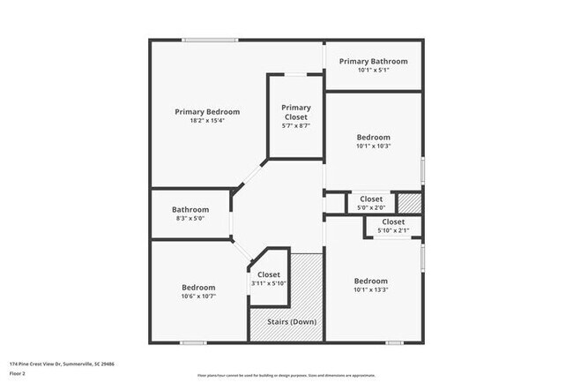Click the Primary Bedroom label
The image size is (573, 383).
pyautogui.click(x=207, y=112)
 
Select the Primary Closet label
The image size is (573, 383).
pyautogui.click(x=296, y=112)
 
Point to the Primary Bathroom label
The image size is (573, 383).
pyautogui.click(x=374, y=61)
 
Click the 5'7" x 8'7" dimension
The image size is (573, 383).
pyautogui.click(x=296, y=126)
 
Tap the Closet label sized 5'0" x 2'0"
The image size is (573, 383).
pyautogui.click(x=370, y=199)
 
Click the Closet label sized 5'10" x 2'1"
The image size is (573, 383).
pyautogui.click(x=393, y=222)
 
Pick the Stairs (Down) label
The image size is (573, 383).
pyautogui.click(x=292, y=322)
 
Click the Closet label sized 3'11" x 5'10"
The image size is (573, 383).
pyautogui.click(x=269, y=275)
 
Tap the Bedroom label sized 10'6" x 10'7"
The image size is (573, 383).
pyautogui.click(x=198, y=288)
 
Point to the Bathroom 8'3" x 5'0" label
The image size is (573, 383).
pyautogui.click(x=190, y=210)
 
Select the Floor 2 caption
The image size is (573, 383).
pyautogui.click(x=19, y=373)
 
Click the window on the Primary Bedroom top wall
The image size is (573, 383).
pyautogui.click(x=210, y=40)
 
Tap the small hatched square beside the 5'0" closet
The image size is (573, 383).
pyautogui.click(x=409, y=202)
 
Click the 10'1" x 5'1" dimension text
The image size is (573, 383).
pyautogui.click(x=374, y=70)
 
